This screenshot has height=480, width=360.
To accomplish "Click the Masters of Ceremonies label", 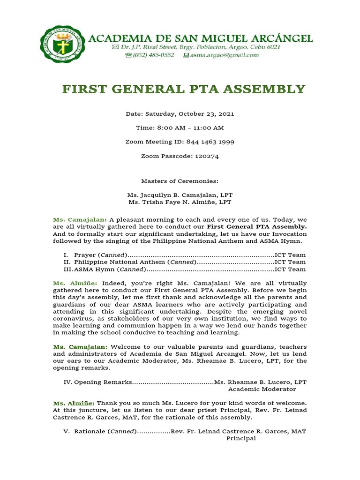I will [180, 181].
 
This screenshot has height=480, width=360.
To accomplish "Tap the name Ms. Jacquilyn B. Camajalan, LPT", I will [180, 195].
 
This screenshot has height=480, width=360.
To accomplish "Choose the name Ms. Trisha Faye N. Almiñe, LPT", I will [180, 202].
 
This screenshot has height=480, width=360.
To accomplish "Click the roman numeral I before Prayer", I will [67, 255].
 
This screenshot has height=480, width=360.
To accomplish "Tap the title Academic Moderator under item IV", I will [262, 389].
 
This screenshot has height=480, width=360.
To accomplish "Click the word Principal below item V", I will [241, 438].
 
